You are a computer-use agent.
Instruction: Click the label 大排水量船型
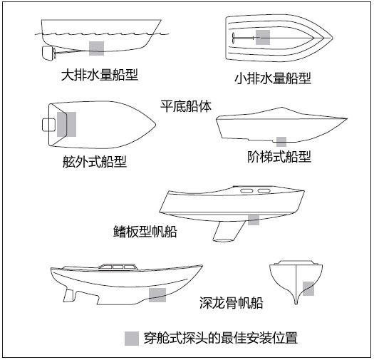100,75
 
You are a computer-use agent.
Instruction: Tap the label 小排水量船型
273,78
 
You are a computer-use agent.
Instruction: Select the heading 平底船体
186,106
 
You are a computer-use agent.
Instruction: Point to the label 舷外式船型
95,161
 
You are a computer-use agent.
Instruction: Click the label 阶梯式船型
279,157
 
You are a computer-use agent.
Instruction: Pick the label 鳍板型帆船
145,231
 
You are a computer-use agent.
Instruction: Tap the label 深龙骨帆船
232,303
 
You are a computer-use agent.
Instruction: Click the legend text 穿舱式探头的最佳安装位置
221,338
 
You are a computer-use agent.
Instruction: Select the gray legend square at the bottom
132,339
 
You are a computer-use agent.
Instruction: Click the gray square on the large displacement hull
97,48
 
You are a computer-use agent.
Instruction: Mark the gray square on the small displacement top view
263,38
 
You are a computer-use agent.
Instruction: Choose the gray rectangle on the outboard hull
66,124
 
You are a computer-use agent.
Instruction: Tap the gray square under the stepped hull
281,142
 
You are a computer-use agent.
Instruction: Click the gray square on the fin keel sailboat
254,220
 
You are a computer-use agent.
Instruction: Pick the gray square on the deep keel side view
157,295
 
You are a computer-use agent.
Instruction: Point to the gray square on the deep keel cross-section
308,289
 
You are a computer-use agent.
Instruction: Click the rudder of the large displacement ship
47,53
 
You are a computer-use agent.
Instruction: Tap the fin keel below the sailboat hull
229,231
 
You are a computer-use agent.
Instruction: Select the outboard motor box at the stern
49,125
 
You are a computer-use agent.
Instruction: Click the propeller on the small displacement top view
233,38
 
